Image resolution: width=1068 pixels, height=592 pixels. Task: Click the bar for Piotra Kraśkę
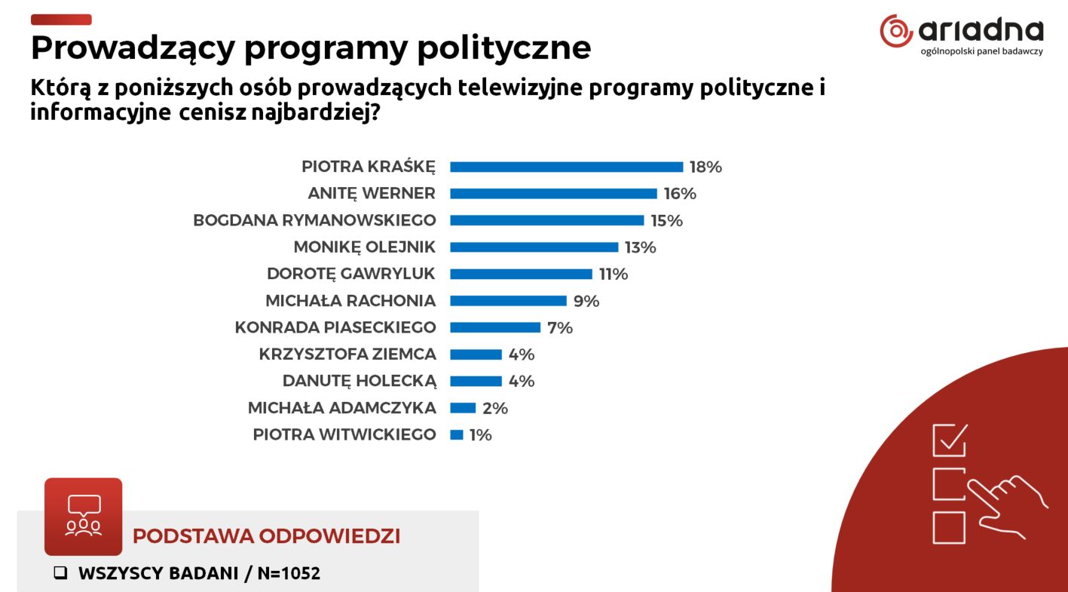(x=566, y=167)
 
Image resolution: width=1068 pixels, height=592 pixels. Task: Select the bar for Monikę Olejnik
(x=534, y=247)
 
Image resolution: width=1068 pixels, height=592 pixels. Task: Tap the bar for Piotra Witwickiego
(x=456, y=434)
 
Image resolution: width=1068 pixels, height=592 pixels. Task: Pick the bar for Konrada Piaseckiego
(x=495, y=327)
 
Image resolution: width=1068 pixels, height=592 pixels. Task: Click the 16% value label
(x=680, y=194)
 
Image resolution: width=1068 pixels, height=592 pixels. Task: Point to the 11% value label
(x=613, y=274)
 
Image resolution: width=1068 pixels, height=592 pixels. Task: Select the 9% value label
(x=586, y=301)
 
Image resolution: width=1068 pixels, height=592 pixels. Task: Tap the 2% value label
(x=495, y=408)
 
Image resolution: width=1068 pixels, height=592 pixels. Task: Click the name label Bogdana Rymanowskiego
(x=314, y=220)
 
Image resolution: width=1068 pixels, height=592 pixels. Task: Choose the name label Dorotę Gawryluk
(x=351, y=274)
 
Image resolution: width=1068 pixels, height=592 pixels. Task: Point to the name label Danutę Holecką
(x=359, y=381)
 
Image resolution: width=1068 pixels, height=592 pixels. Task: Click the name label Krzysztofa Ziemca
(x=347, y=354)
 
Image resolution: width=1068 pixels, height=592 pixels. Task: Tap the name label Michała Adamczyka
(x=341, y=408)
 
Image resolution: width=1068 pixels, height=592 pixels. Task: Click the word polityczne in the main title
(x=503, y=48)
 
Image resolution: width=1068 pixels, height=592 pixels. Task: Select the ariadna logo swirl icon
(x=896, y=30)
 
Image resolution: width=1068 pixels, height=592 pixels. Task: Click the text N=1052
(x=289, y=573)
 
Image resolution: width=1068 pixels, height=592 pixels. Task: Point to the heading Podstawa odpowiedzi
(x=266, y=536)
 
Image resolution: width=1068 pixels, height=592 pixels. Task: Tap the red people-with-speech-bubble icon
(x=83, y=517)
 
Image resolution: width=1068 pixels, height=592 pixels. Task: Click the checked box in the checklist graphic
(x=950, y=440)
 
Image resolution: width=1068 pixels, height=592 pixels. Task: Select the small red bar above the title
(x=60, y=20)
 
